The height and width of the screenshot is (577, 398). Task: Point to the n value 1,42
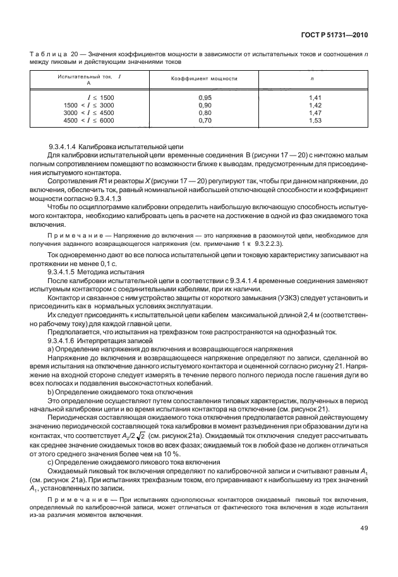click(x=315, y=105)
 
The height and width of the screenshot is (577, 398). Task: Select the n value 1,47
click(x=315, y=112)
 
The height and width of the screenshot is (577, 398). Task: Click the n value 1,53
click(x=315, y=119)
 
